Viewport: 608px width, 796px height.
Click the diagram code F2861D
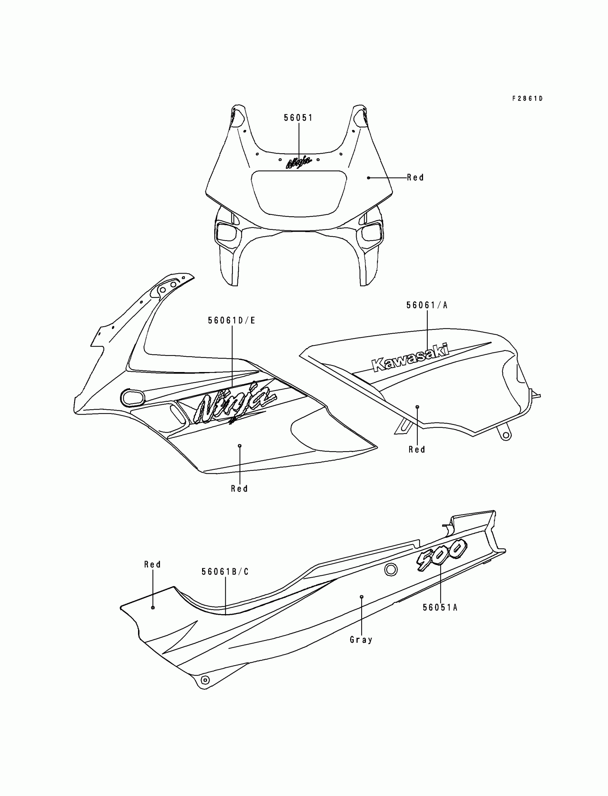pos(527,98)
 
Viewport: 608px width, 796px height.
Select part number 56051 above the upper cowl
pos(298,118)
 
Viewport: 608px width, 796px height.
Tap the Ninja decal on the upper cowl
pos(299,162)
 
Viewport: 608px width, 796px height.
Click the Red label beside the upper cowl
pos(415,178)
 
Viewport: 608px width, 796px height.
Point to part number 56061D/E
pos(232,320)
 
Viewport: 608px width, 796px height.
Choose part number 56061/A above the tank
pos(427,305)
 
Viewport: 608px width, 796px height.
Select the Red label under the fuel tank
pos(417,450)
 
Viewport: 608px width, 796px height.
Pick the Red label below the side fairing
pos(240,489)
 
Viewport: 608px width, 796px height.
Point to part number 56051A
pos(440,608)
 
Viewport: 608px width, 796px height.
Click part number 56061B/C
pos(225,572)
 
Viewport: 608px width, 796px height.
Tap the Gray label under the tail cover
pos(361,640)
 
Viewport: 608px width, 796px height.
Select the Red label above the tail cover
pos(152,564)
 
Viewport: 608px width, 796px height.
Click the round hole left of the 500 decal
pos(391,570)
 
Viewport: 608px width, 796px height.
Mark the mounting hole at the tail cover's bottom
pos(205,680)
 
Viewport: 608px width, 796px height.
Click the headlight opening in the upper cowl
pos(299,193)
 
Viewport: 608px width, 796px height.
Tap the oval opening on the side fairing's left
pos(132,397)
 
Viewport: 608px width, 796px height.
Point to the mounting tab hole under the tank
pos(506,436)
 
